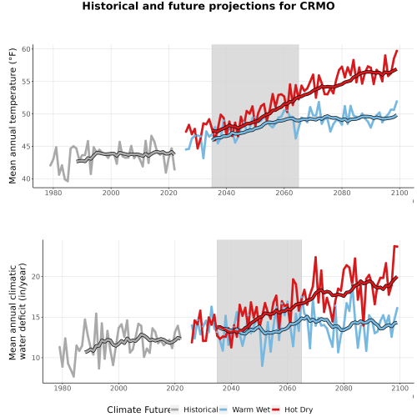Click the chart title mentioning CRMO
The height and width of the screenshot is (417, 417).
click(x=208, y=6)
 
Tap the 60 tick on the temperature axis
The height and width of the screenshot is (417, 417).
click(x=26, y=49)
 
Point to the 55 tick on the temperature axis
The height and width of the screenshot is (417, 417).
click(x=26, y=82)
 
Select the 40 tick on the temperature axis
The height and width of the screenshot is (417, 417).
click(x=26, y=179)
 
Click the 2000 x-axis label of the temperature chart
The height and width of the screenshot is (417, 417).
click(x=111, y=193)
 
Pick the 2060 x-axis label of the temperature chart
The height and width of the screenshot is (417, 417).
click(x=284, y=193)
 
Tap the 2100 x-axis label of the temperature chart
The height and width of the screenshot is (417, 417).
click(x=399, y=193)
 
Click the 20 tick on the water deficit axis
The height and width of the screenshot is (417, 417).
click(x=36, y=277)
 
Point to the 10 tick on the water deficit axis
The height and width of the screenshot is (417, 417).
click(x=36, y=358)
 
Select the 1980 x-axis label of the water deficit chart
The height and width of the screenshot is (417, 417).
click(x=63, y=388)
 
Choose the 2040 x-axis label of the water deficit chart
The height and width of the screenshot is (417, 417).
click(x=231, y=388)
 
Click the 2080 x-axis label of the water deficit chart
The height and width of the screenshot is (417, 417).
click(x=344, y=388)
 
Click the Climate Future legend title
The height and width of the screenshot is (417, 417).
click(x=138, y=409)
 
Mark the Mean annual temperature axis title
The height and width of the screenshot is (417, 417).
click(x=13, y=115)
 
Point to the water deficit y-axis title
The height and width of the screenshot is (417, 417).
click(x=18, y=311)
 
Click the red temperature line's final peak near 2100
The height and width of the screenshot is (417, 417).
click(x=397, y=51)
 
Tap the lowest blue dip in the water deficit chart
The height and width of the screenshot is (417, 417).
click(x=262, y=366)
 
